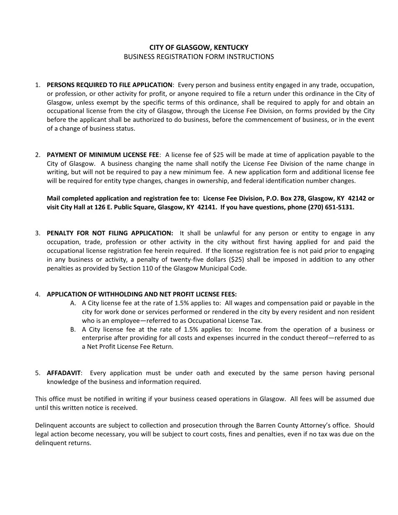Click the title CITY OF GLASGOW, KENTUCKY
coord(199,48)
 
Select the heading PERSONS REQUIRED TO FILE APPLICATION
coord(109,85)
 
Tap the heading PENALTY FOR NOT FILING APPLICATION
coord(110,233)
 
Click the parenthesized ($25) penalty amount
coord(238,260)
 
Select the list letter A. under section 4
coord(73,303)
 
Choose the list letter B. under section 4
coord(73,330)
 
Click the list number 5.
coord(38,373)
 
